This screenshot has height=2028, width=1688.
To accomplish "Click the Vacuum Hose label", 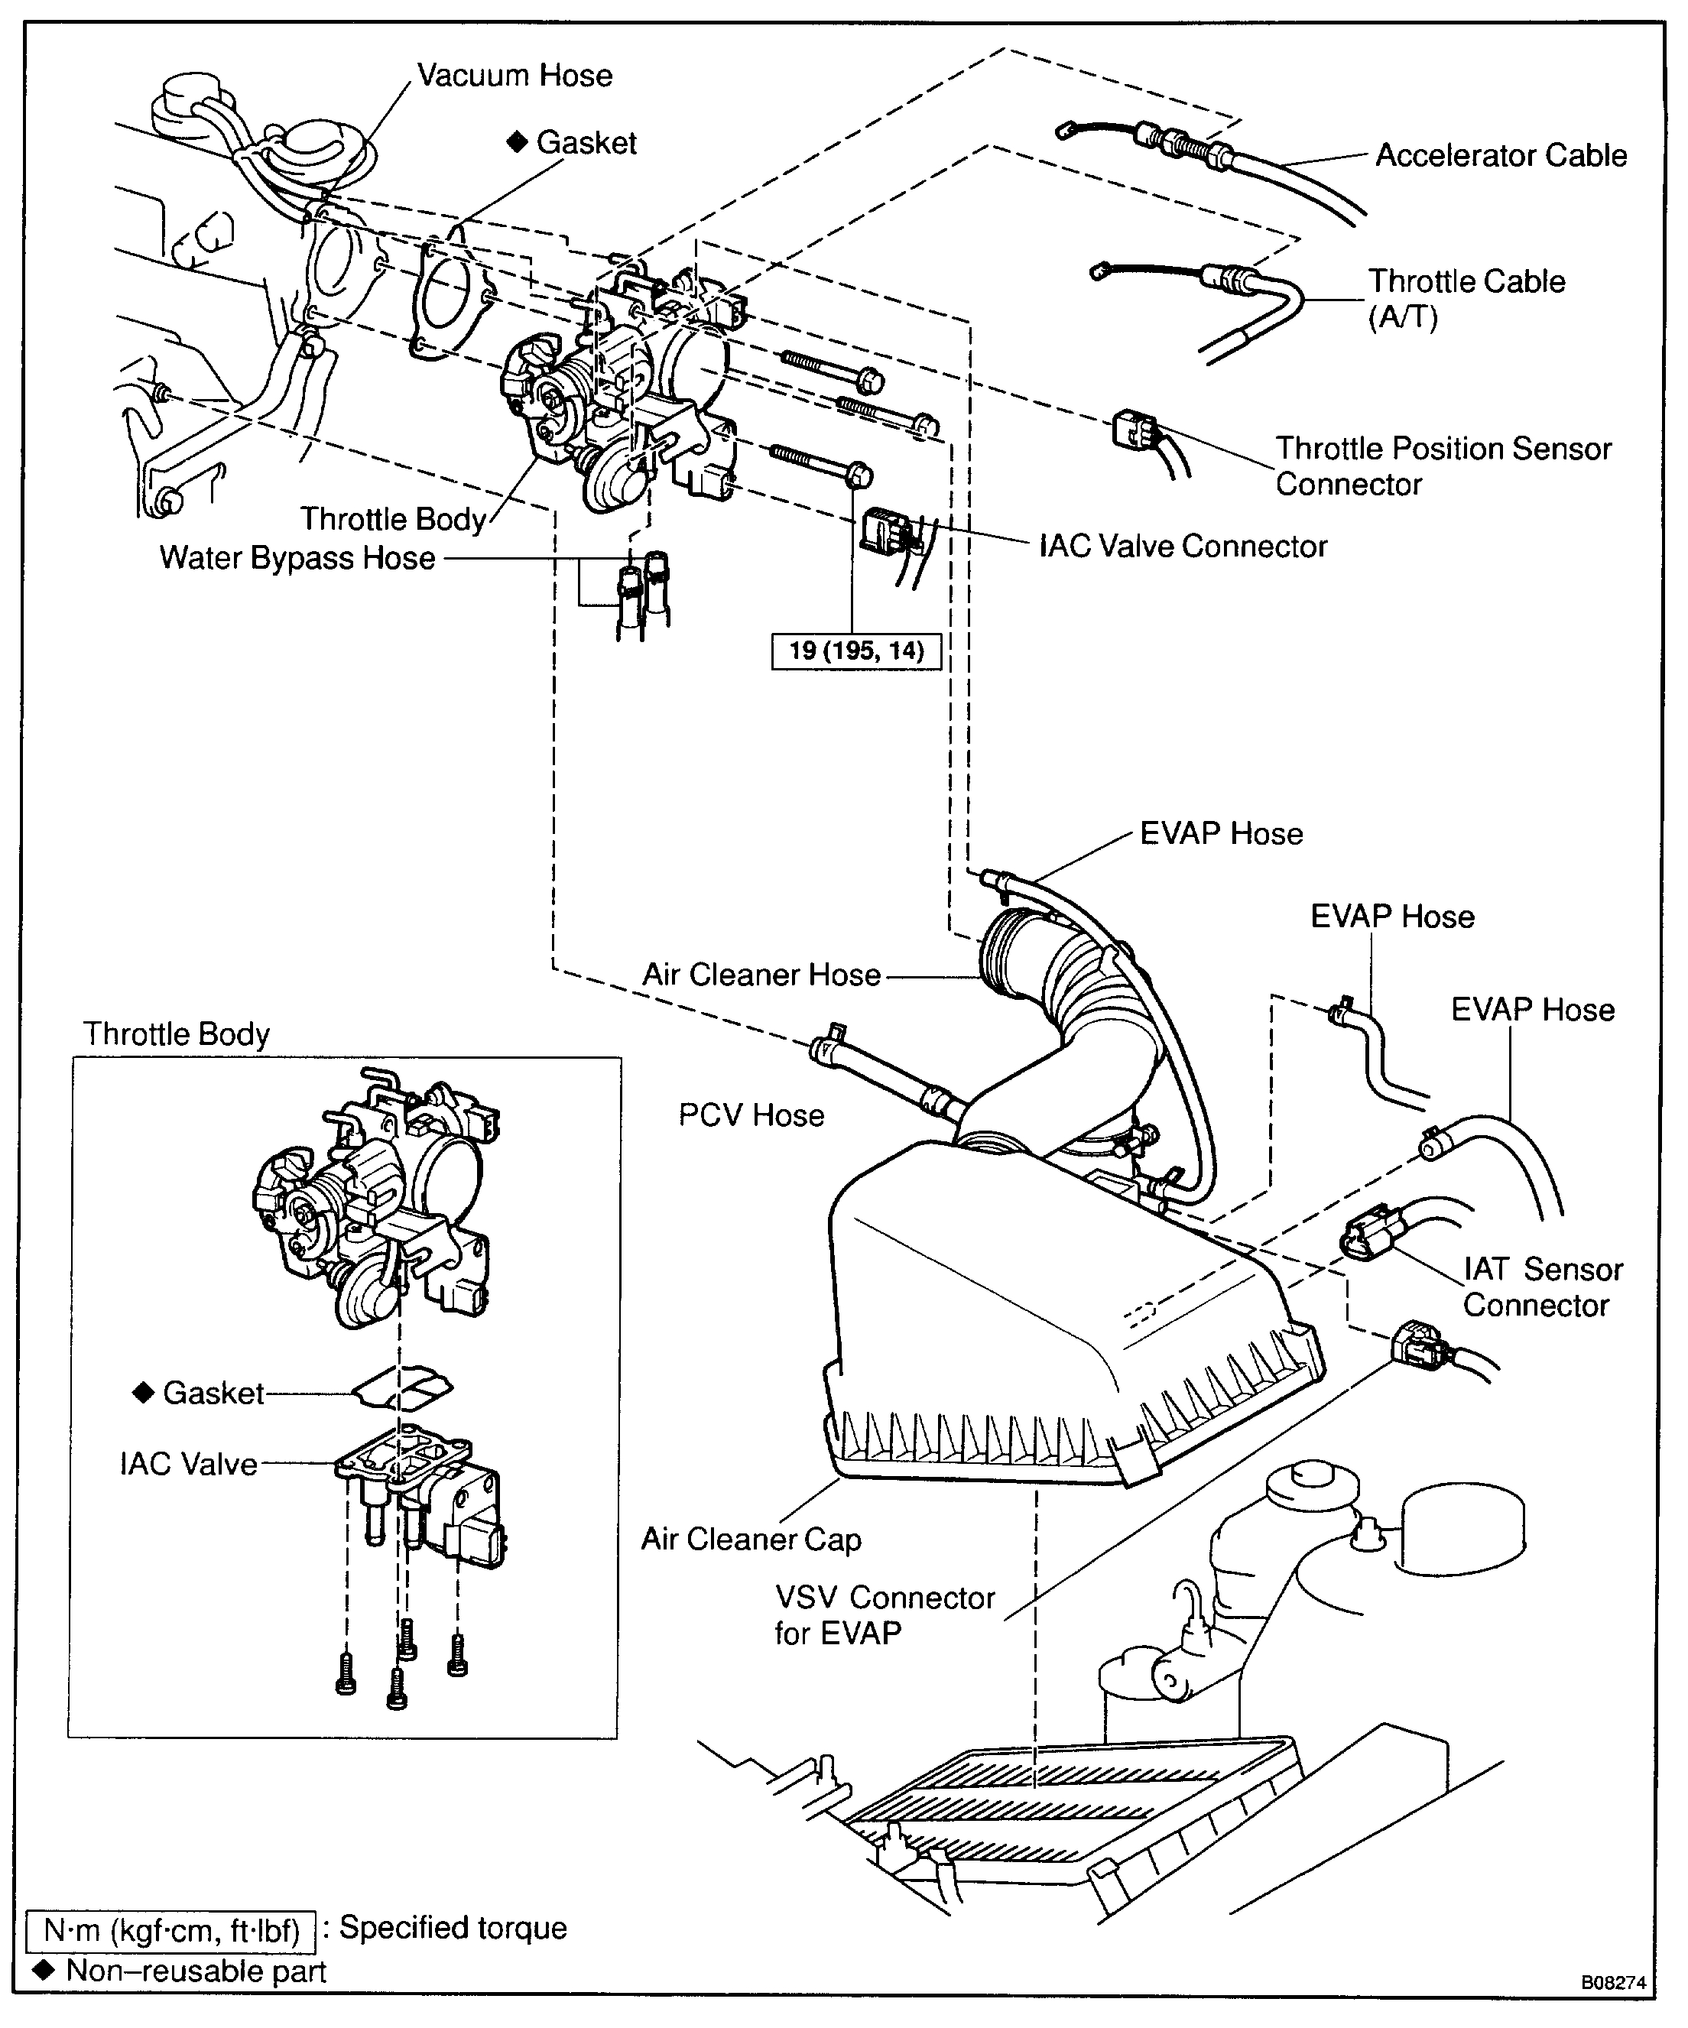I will tap(514, 76).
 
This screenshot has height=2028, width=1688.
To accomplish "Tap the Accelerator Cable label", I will tap(1500, 155).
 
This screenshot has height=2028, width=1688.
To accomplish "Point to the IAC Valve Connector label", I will tap(1182, 547).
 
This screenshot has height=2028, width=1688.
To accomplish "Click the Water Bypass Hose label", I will tap(297, 558).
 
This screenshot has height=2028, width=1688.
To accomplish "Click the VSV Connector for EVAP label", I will tap(884, 1614).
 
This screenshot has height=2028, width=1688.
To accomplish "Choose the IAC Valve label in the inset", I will tap(188, 1464).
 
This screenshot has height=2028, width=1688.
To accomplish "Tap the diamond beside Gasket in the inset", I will tap(143, 1393).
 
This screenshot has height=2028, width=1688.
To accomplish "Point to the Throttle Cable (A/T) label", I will tap(1465, 298).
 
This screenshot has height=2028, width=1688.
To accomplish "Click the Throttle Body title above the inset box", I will tap(176, 1033).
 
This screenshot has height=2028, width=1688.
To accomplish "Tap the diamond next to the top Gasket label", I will tap(518, 142).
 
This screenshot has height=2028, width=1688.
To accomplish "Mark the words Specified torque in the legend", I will tap(452, 1928).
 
